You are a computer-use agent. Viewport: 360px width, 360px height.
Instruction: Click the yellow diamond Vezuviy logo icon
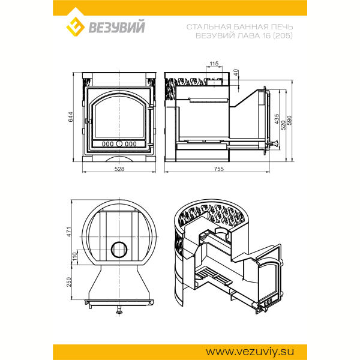click(x=76, y=26)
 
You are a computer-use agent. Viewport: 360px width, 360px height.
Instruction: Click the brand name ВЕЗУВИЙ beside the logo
click(x=116, y=27)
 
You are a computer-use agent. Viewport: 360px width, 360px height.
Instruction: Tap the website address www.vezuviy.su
click(x=250, y=352)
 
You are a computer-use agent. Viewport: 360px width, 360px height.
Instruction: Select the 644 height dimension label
click(x=71, y=117)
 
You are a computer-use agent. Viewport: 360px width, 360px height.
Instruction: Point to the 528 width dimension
click(x=119, y=169)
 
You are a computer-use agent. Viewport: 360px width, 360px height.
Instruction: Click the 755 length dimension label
click(x=218, y=169)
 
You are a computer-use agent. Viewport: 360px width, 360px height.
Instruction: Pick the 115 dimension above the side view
click(x=214, y=64)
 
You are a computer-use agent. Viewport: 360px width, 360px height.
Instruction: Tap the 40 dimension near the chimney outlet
click(x=236, y=73)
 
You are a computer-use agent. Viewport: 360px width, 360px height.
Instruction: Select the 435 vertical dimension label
click(x=277, y=119)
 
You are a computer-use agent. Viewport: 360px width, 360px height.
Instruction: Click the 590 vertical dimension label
click(x=290, y=121)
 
